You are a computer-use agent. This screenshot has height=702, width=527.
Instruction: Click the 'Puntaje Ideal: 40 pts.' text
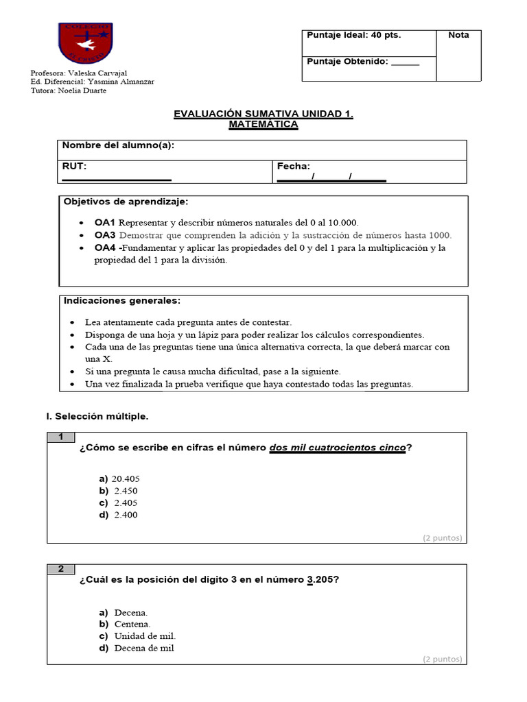[x=354, y=36]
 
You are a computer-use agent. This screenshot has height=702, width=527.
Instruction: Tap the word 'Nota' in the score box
[x=459, y=36]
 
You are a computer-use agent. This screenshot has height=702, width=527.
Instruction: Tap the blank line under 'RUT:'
[x=117, y=180]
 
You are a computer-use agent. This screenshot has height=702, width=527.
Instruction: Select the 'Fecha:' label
[x=294, y=166]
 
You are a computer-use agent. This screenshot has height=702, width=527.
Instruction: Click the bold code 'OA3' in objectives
[x=105, y=235]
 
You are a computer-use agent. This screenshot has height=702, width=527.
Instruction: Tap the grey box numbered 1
[x=62, y=437]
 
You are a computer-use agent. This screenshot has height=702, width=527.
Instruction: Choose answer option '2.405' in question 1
[x=126, y=503]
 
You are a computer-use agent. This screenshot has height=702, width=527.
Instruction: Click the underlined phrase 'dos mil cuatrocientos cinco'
[x=337, y=448]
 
